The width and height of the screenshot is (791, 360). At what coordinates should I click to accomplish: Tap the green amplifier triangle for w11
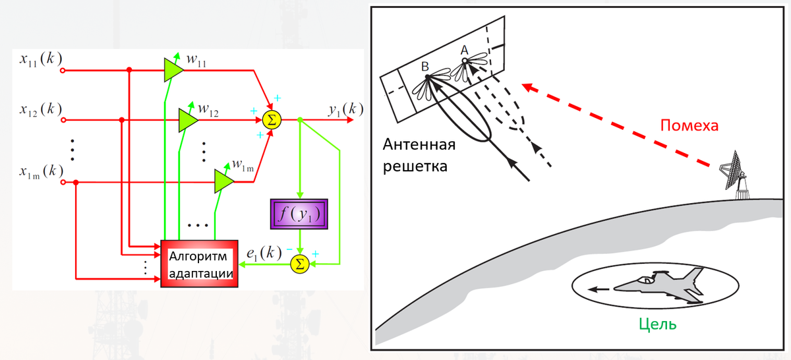point(173,68)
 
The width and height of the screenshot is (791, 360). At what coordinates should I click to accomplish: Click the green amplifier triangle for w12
point(188,119)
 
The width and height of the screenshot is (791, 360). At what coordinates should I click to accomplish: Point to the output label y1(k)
point(345,109)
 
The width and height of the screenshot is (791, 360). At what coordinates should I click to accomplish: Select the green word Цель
point(658,324)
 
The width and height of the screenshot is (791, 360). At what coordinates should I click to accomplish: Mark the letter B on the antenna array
point(425,66)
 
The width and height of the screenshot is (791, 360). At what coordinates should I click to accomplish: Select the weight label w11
point(196,59)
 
